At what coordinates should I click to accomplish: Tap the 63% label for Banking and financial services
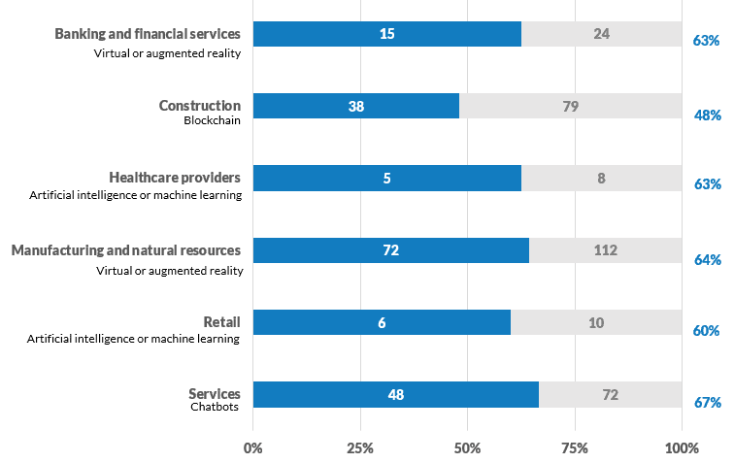click(706, 42)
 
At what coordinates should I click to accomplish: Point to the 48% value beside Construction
click(706, 116)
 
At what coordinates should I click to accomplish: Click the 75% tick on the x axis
click(575, 448)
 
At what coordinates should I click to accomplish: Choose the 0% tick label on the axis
click(253, 448)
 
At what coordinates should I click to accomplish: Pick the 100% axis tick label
click(682, 448)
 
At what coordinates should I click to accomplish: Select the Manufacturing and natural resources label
click(126, 250)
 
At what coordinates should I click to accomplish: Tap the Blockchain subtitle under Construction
click(212, 121)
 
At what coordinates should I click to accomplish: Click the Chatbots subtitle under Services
click(214, 407)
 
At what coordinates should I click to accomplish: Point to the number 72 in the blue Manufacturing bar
click(390, 250)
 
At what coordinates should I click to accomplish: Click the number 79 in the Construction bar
click(570, 106)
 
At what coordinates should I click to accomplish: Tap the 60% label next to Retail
click(706, 331)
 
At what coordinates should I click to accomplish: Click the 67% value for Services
click(706, 403)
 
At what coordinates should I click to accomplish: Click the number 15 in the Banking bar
click(386, 34)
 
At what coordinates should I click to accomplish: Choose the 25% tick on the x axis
click(360, 448)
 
